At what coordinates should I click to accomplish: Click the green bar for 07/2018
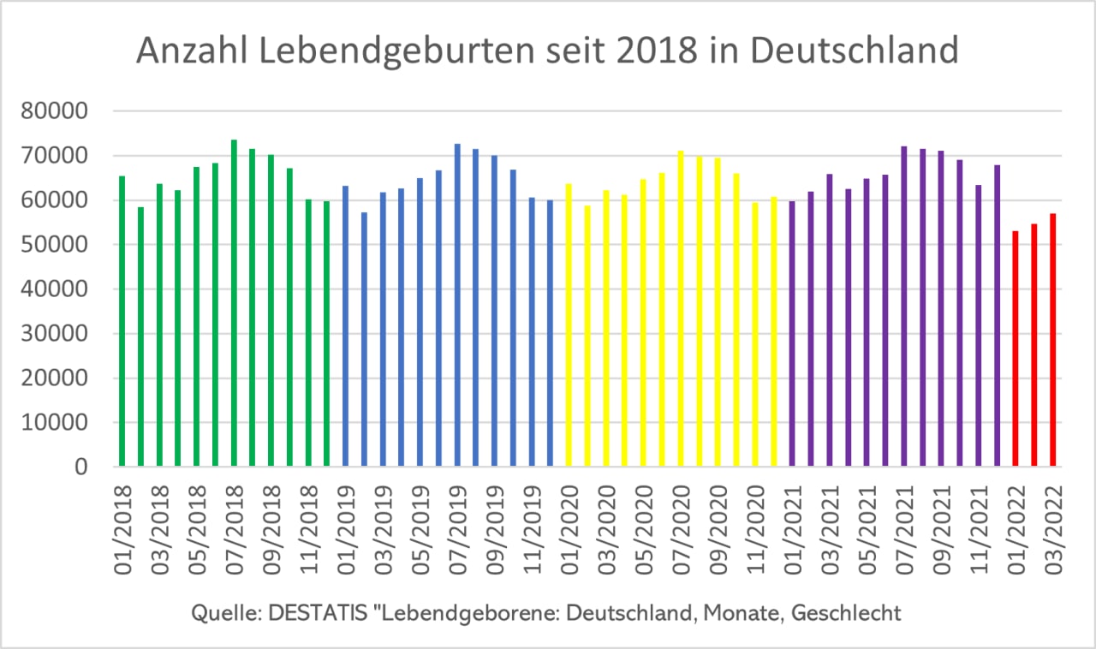(234, 304)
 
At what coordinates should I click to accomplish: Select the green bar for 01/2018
(122, 321)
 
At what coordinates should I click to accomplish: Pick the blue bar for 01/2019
(346, 326)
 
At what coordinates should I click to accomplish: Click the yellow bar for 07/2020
(681, 309)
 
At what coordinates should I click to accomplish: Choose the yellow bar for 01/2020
(569, 325)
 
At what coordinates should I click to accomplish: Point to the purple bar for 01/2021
(792, 334)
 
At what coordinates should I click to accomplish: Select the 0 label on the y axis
(80, 467)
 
